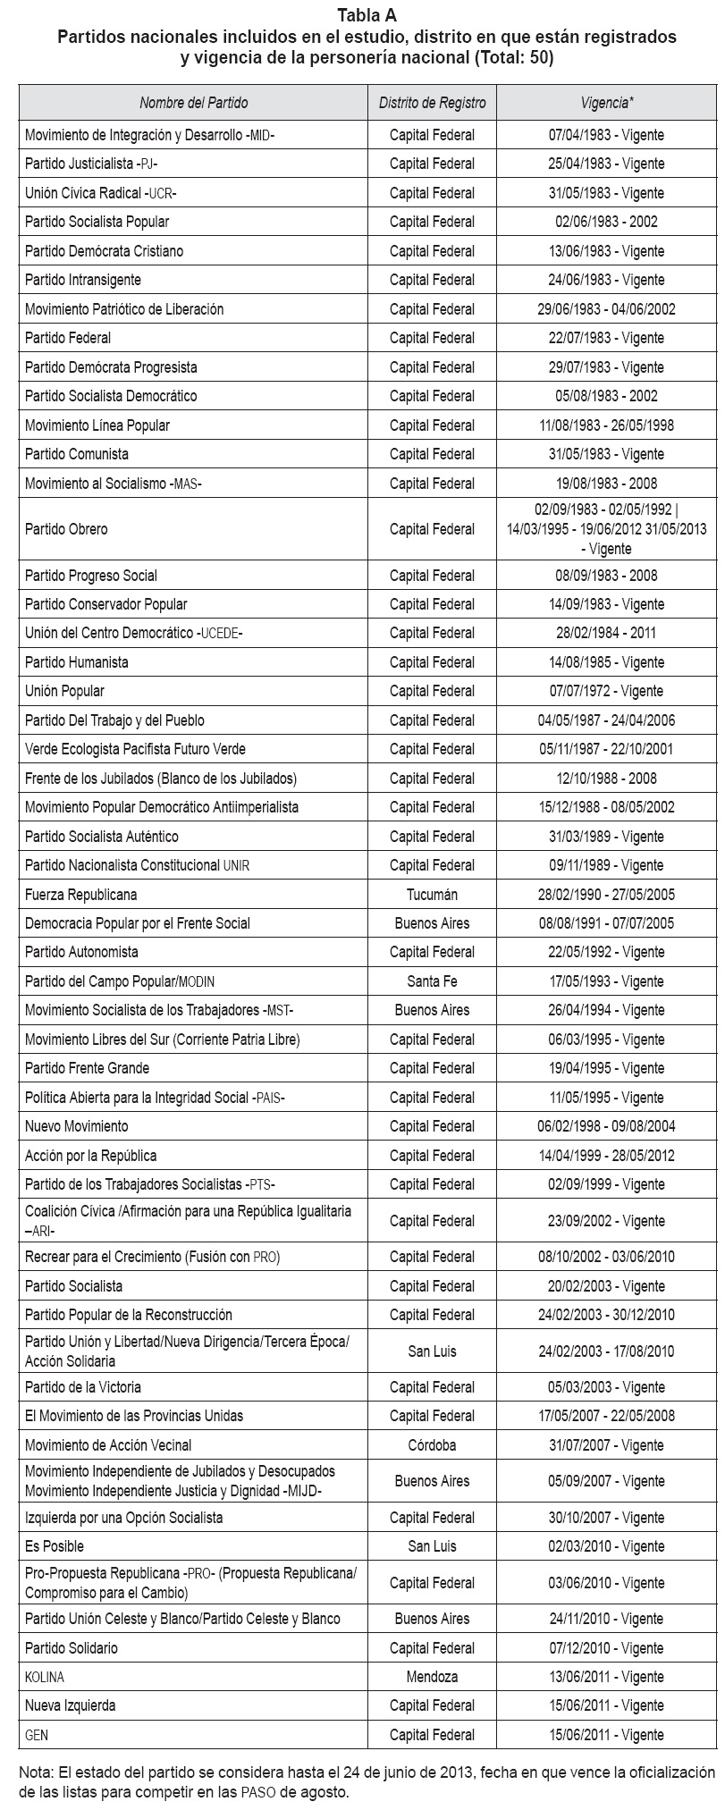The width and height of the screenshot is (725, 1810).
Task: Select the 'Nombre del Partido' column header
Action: point(193,103)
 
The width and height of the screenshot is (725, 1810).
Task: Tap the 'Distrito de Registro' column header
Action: point(432,103)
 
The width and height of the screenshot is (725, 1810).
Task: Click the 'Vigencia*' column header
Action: point(606,103)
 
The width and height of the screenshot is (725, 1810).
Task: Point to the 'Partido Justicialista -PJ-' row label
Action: point(91,164)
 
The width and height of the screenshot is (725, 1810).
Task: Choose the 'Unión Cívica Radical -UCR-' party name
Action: point(106,193)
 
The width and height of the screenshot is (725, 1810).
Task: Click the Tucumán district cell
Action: point(432,895)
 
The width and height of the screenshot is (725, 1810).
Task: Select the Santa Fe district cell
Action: point(432,981)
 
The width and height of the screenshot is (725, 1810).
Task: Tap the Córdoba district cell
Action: point(432,1445)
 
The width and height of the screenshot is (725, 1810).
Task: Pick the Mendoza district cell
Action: point(432,1677)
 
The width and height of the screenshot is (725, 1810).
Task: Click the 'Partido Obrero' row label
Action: point(66,529)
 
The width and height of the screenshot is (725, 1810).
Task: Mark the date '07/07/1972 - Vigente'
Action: point(606,691)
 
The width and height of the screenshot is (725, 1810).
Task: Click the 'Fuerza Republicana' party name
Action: point(80,895)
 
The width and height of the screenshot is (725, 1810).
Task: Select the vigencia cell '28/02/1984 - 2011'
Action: point(606,633)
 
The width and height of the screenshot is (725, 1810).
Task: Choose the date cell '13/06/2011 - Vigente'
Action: point(606,1677)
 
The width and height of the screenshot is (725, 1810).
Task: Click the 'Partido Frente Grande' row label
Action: point(87,1068)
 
